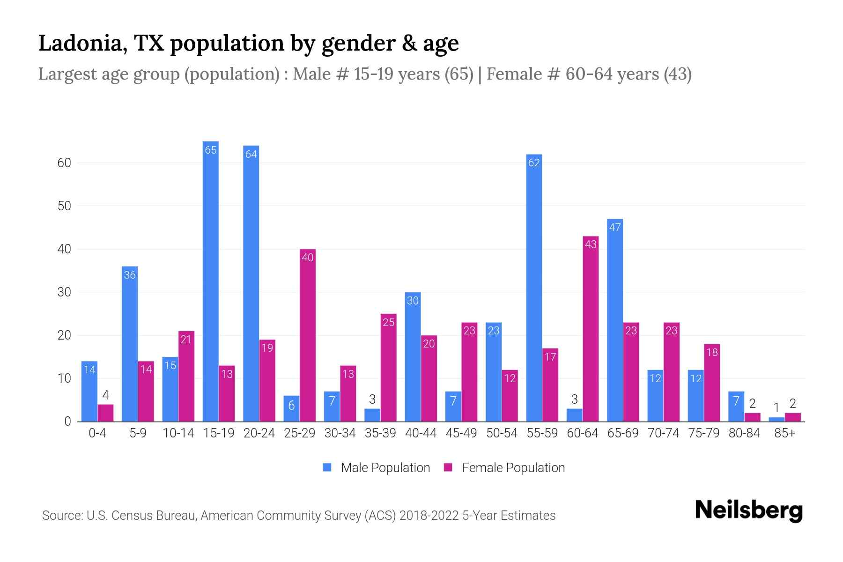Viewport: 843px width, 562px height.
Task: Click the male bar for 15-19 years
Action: [211, 281]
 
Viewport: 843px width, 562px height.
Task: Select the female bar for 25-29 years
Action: [308, 335]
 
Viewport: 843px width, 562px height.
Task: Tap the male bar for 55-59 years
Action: [534, 288]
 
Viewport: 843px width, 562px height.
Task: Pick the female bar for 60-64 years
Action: [591, 329]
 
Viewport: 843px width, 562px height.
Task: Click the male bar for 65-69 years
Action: [615, 320]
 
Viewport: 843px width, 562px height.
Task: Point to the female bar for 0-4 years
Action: [105, 413]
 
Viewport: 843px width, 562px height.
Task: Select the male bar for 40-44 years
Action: [413, 357]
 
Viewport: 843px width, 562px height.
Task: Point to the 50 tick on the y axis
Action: [64, 206]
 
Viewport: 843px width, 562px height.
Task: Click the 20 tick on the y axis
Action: [64, 335]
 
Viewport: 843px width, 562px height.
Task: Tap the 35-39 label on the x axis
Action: [380, 433]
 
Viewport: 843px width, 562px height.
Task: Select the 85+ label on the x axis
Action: [784, 433]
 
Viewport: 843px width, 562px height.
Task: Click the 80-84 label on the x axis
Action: [744, 433]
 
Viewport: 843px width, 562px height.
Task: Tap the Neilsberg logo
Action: [748, 510]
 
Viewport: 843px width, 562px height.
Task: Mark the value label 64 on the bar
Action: [251, 154]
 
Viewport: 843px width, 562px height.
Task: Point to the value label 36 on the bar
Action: [130, 275]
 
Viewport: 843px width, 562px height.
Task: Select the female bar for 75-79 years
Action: [712, 383]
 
